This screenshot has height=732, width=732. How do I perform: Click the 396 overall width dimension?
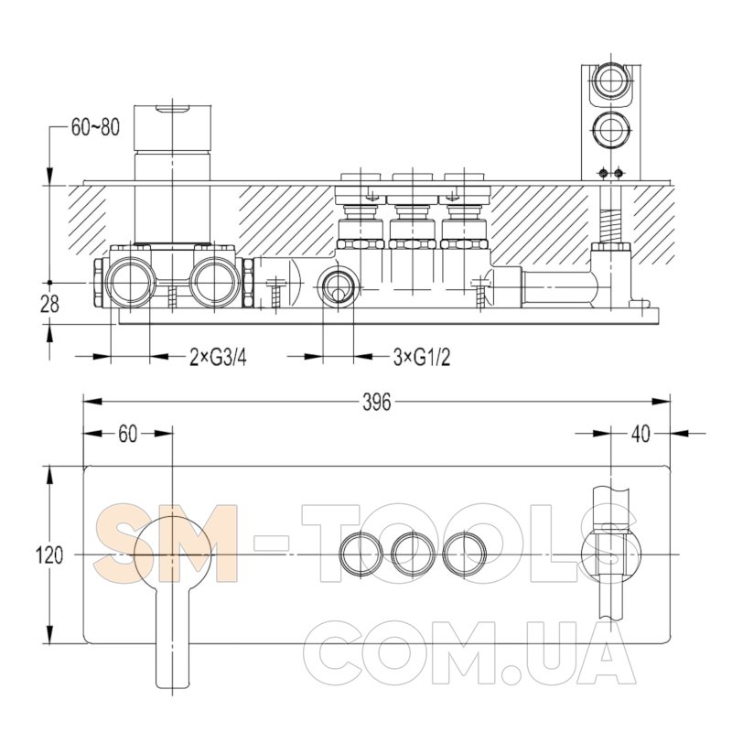(376, 402)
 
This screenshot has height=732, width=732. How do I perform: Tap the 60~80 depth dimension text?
(95, 127)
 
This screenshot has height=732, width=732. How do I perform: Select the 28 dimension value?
(50, 305)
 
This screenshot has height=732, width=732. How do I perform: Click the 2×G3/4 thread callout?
(218, 358)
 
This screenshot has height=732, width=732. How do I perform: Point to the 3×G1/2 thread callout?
(422, 358)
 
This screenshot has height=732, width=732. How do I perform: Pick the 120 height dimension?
(49, 555)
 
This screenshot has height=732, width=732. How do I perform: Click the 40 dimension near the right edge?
(640, 434)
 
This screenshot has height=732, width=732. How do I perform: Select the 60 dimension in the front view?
(127, 434)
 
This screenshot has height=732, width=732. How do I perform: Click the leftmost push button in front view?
(361, 554)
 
